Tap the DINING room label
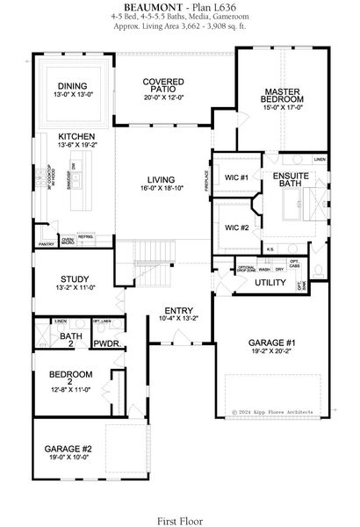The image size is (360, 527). click(71, 85)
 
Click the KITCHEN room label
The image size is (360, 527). click(77, 137)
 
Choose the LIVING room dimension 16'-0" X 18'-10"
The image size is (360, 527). click(162, 188)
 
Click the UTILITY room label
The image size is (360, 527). click(271, 283)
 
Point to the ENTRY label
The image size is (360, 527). click(178, 310)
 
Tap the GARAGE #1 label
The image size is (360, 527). click(271, 343)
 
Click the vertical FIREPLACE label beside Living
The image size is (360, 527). click(207, 180)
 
